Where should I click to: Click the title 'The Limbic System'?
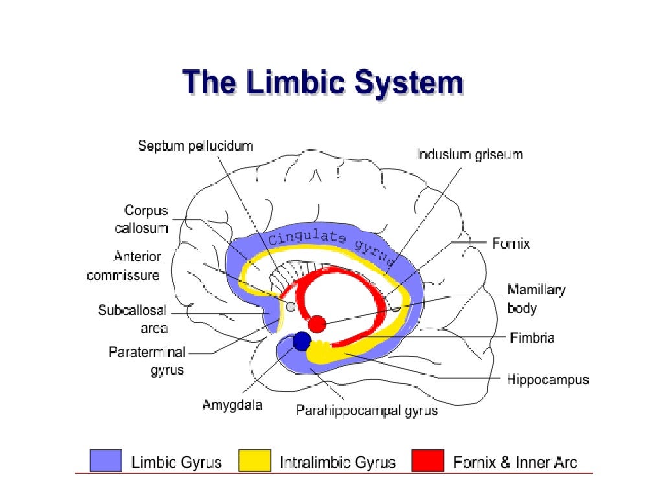(x=322, y=85)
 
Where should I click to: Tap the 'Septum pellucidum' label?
(x=195, y=146)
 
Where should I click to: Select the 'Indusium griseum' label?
(x=469, y=155)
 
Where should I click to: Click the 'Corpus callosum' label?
(x=146, y=219)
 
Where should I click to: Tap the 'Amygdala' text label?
(x=232, y=405)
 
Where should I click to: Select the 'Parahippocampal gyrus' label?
(x=366, y=410)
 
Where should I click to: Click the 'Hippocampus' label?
(x=547, y=379)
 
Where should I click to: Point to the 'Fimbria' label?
(x=532, y=338)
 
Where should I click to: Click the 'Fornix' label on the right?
(x=511, y=243)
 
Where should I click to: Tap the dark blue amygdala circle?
(x=301, y=341)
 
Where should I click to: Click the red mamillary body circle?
(x=317, y=324)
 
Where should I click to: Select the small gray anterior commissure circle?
(x=291, y=306)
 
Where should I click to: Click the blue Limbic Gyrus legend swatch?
(x=106, y=461)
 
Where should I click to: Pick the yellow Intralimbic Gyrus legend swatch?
(x=254, y=461)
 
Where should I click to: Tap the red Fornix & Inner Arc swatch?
(x=428, y=461)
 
